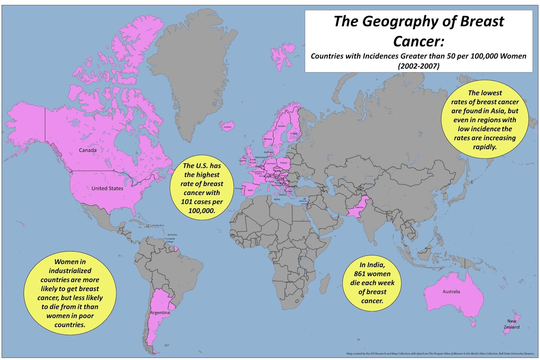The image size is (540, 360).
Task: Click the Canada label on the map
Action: pos(87,150)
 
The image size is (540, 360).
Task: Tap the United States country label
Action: pos(107,188)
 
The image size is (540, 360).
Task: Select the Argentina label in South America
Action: pos(160,313)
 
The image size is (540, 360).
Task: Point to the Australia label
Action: pos(451,291)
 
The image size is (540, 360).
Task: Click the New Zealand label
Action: pos(512,324)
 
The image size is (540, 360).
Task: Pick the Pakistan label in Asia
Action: pos(359,207)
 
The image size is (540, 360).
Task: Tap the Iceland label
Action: pos(228,127)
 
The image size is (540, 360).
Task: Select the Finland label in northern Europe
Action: pos(294,133)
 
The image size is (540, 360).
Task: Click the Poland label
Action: pos(283,163)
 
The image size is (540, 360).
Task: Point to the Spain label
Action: pos(250,190)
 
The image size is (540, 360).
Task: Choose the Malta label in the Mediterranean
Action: pos(277,199)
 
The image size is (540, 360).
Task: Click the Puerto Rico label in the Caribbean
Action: pos(158,225)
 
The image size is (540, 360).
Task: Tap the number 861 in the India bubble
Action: pos(361,274)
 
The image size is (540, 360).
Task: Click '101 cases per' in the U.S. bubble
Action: pos(202,202)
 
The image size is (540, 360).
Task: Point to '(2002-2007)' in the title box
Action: pos(418,66)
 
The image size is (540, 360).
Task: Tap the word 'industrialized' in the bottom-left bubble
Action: pos(70,271)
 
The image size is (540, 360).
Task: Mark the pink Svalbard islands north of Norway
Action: pos(283,55)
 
